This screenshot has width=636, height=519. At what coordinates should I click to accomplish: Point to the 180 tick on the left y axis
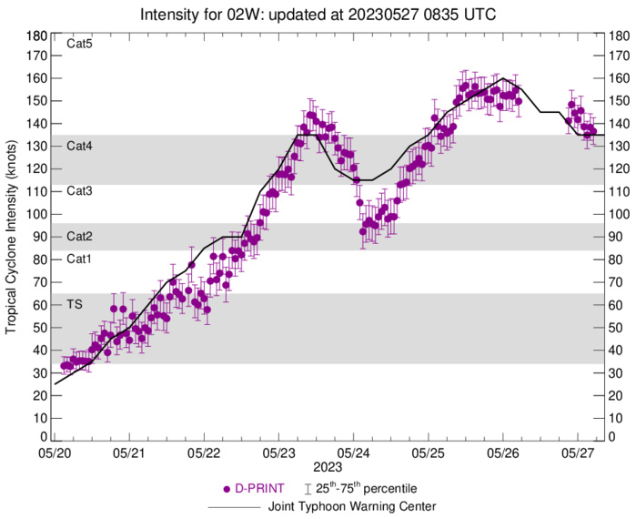[37, 36]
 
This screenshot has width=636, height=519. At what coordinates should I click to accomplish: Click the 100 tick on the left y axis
[37, 214]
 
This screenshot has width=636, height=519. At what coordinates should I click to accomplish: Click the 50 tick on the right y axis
[615, 326]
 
